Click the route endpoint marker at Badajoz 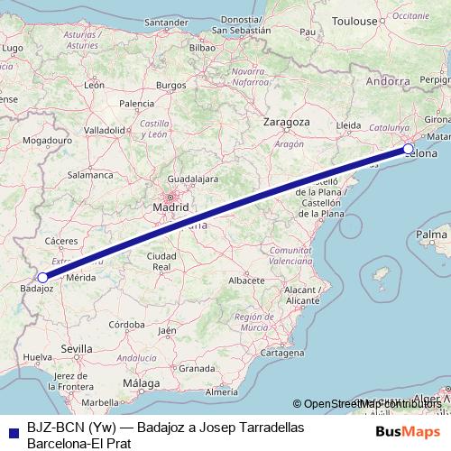point(42,277)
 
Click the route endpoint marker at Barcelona point(409,149)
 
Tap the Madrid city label point(170,207)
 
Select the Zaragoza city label point(287,122)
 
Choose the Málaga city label point(141,383)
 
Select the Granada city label point(197,369)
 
